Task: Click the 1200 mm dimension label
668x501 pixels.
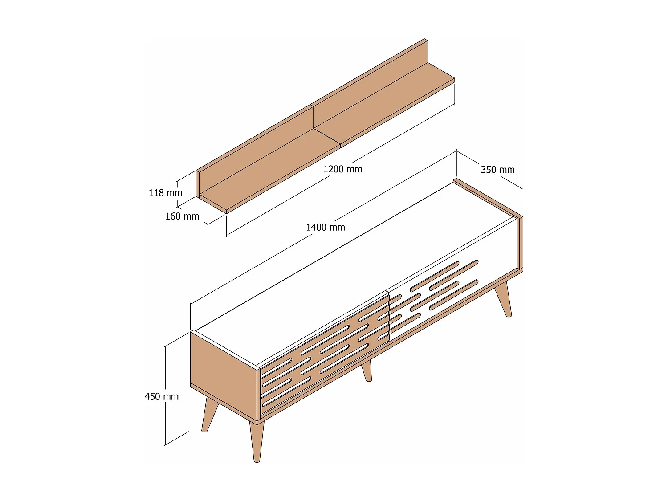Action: pos(342,169)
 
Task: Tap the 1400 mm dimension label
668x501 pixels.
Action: pos(325,227)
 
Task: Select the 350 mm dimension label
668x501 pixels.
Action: pos(497,170)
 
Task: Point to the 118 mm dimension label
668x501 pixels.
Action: pos(165,193)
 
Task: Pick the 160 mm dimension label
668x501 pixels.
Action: pos(182,216)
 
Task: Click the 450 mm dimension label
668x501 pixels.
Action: pos(161,396)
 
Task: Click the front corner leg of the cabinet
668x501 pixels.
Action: pos(257,441)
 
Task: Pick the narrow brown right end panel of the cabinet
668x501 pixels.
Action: pos(520,243)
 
